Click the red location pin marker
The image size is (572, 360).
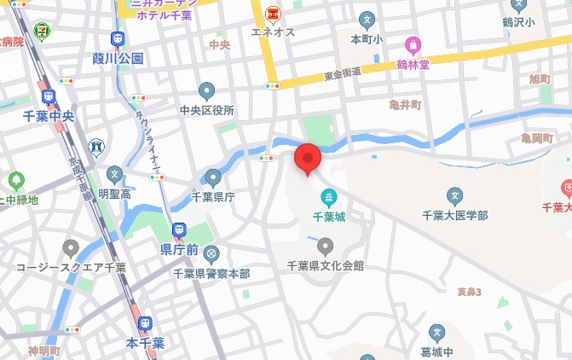[307, 160]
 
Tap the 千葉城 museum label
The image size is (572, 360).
[327, 218]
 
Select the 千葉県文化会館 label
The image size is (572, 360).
[325, 266]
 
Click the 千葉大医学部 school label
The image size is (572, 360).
[455, 217]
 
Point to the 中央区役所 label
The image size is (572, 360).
[206, 110]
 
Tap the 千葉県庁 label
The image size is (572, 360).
[212, 196]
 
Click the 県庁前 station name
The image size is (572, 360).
[179, 249]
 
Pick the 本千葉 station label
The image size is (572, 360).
[145, 343]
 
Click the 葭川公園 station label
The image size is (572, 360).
[118, 59]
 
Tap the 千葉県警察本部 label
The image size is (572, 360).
[211, 273]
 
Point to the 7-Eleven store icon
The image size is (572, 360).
[40, 32]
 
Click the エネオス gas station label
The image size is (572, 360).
[272, 32]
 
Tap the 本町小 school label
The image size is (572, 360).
[367, 38]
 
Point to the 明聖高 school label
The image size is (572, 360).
[114, 195]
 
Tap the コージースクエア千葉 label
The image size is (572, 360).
[71, 267]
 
